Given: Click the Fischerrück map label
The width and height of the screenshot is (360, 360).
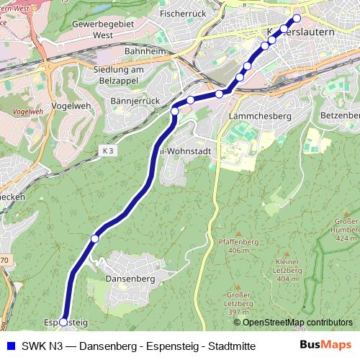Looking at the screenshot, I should (x=184, y=14).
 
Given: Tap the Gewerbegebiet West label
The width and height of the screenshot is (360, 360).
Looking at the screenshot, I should (x=103, y=29).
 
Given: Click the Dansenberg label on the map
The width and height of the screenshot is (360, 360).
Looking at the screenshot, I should (x=130, y=278).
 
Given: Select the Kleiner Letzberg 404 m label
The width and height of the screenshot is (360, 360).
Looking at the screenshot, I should (x=287, y=270).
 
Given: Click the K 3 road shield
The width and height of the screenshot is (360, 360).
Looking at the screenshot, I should (x=108, y=150).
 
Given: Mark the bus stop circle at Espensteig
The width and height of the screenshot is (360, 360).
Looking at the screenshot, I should (x=63, y=322).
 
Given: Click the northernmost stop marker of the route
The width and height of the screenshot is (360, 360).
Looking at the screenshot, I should (x=296, y=19).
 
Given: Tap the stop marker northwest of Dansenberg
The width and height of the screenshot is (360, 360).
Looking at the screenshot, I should (x=94, y=238).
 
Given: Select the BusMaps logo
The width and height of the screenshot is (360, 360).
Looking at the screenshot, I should (x=325, y=345).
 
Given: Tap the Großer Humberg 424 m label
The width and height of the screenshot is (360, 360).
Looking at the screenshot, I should (x=346, y=229).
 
